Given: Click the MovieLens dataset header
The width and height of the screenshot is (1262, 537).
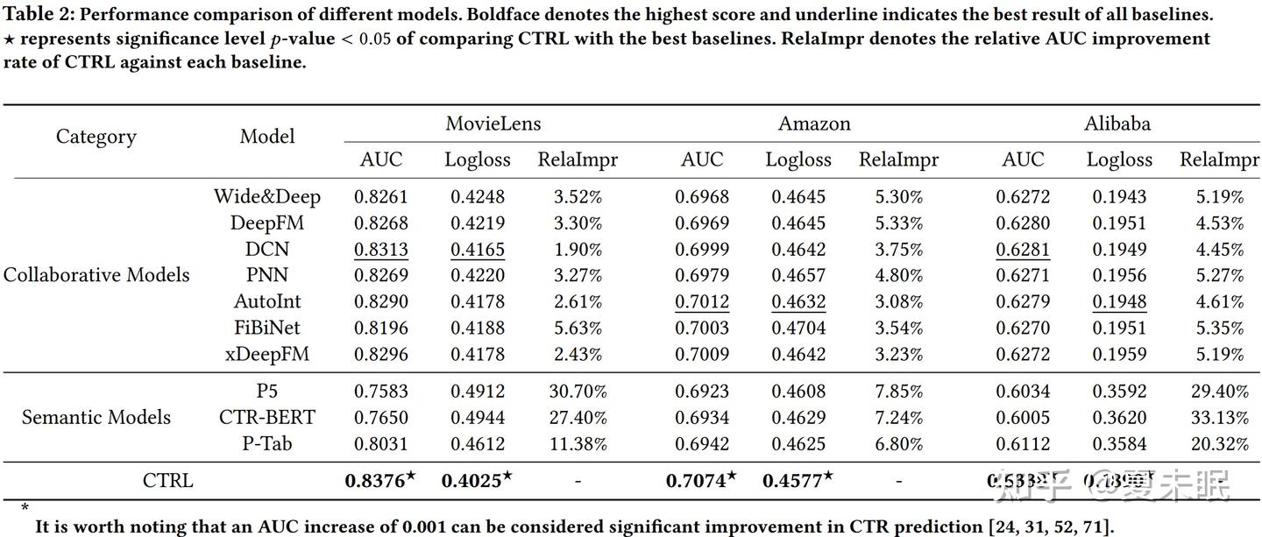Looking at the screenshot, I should [493, 124].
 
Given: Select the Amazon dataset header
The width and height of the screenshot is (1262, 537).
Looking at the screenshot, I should [814, 124].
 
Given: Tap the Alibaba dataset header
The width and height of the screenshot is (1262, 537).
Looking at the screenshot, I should [1117, 124].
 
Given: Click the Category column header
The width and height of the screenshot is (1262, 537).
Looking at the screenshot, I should [96, 137].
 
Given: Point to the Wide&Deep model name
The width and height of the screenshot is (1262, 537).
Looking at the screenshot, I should [267, 196].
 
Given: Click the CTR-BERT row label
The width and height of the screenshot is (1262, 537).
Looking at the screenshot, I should [267, 417].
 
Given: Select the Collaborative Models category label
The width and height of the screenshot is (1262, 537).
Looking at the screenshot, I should [96, 275].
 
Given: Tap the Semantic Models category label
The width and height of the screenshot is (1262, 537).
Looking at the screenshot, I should [96, 417].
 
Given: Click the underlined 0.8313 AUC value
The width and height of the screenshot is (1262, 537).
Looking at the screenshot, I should [381, 250].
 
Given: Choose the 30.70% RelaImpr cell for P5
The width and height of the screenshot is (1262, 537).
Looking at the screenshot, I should [578, 391].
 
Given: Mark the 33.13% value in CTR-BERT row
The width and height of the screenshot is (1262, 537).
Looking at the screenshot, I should [1220, 417].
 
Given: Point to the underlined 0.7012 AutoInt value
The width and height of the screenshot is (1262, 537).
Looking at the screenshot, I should [702, 302].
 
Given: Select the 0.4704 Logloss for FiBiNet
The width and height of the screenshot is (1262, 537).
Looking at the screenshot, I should [798, 329].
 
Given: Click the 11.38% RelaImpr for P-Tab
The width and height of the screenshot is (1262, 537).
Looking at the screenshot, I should [578, 443].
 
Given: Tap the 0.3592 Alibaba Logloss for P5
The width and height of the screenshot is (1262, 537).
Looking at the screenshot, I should [1119, 391].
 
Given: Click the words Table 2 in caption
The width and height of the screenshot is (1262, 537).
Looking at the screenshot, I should [35, 15].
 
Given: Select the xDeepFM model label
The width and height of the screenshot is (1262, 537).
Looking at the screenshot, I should [267, 355].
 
